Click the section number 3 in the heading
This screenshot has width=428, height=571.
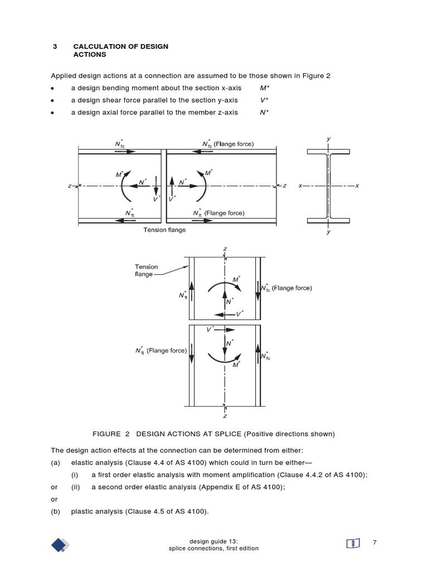pos(55,46)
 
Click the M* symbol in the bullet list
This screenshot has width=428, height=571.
pos(264,88)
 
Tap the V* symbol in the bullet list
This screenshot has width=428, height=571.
pos(264,100)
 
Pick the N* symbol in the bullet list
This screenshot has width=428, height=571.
pos(264,112)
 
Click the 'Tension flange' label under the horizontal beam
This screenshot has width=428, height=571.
pos(165,229)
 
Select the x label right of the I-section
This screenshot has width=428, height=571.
pos(357,186)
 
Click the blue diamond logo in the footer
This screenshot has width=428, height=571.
pos(61,545)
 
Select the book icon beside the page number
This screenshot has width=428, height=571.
pos(352,543)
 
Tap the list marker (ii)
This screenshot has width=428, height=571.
pos(75,487)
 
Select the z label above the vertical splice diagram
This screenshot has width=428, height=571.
pos(225,249)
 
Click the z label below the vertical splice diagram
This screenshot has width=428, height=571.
pos(225,415)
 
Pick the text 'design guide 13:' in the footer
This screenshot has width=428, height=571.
pos(213,541)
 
